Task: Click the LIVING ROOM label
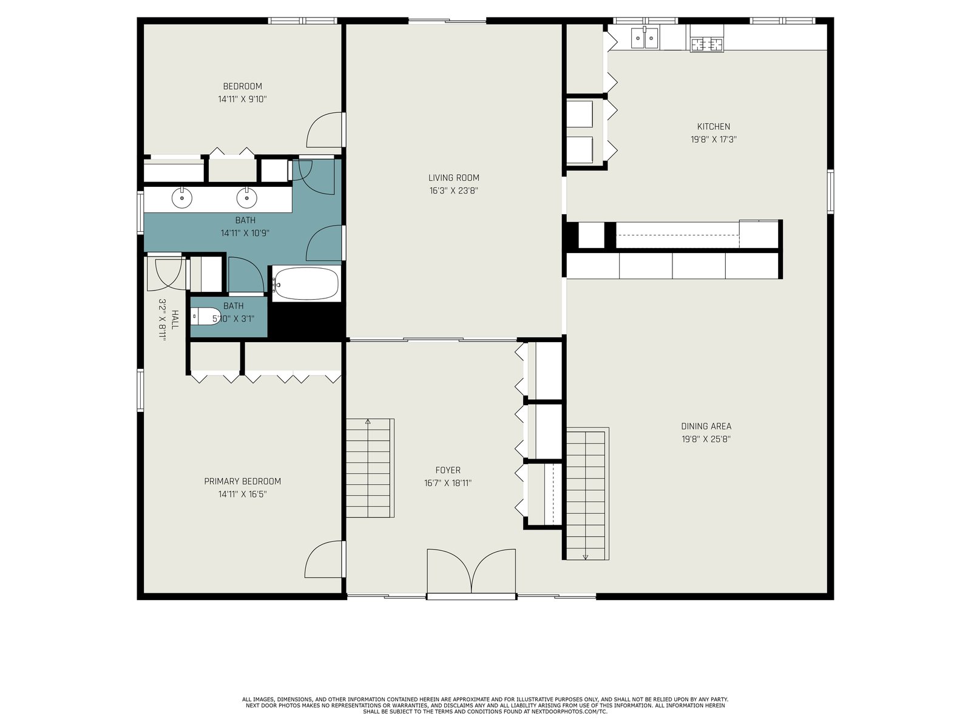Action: (x=453, y=178)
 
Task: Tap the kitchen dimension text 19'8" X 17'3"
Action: (x=714, y=140)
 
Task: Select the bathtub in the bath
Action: (x=306, y=283)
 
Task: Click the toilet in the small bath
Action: (x=206, y=317)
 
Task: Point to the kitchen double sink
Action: (x=645, y=38)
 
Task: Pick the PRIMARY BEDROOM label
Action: (x=242, y=481)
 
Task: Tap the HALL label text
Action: (x=175, y=320)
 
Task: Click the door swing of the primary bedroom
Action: (x=323, y=559)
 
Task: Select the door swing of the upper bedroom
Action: (x=325, y=130)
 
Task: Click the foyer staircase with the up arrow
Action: (x=370, y=468)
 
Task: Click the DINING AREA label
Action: (x=706, y=426)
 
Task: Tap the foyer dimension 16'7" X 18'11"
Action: (x=448, y=483)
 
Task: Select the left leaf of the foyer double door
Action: (x=449, y=570)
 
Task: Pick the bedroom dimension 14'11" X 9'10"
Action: (x=242, y=99)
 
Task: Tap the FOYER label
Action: (x=448, y=470)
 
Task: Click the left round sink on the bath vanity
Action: (x=181, y=198)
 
